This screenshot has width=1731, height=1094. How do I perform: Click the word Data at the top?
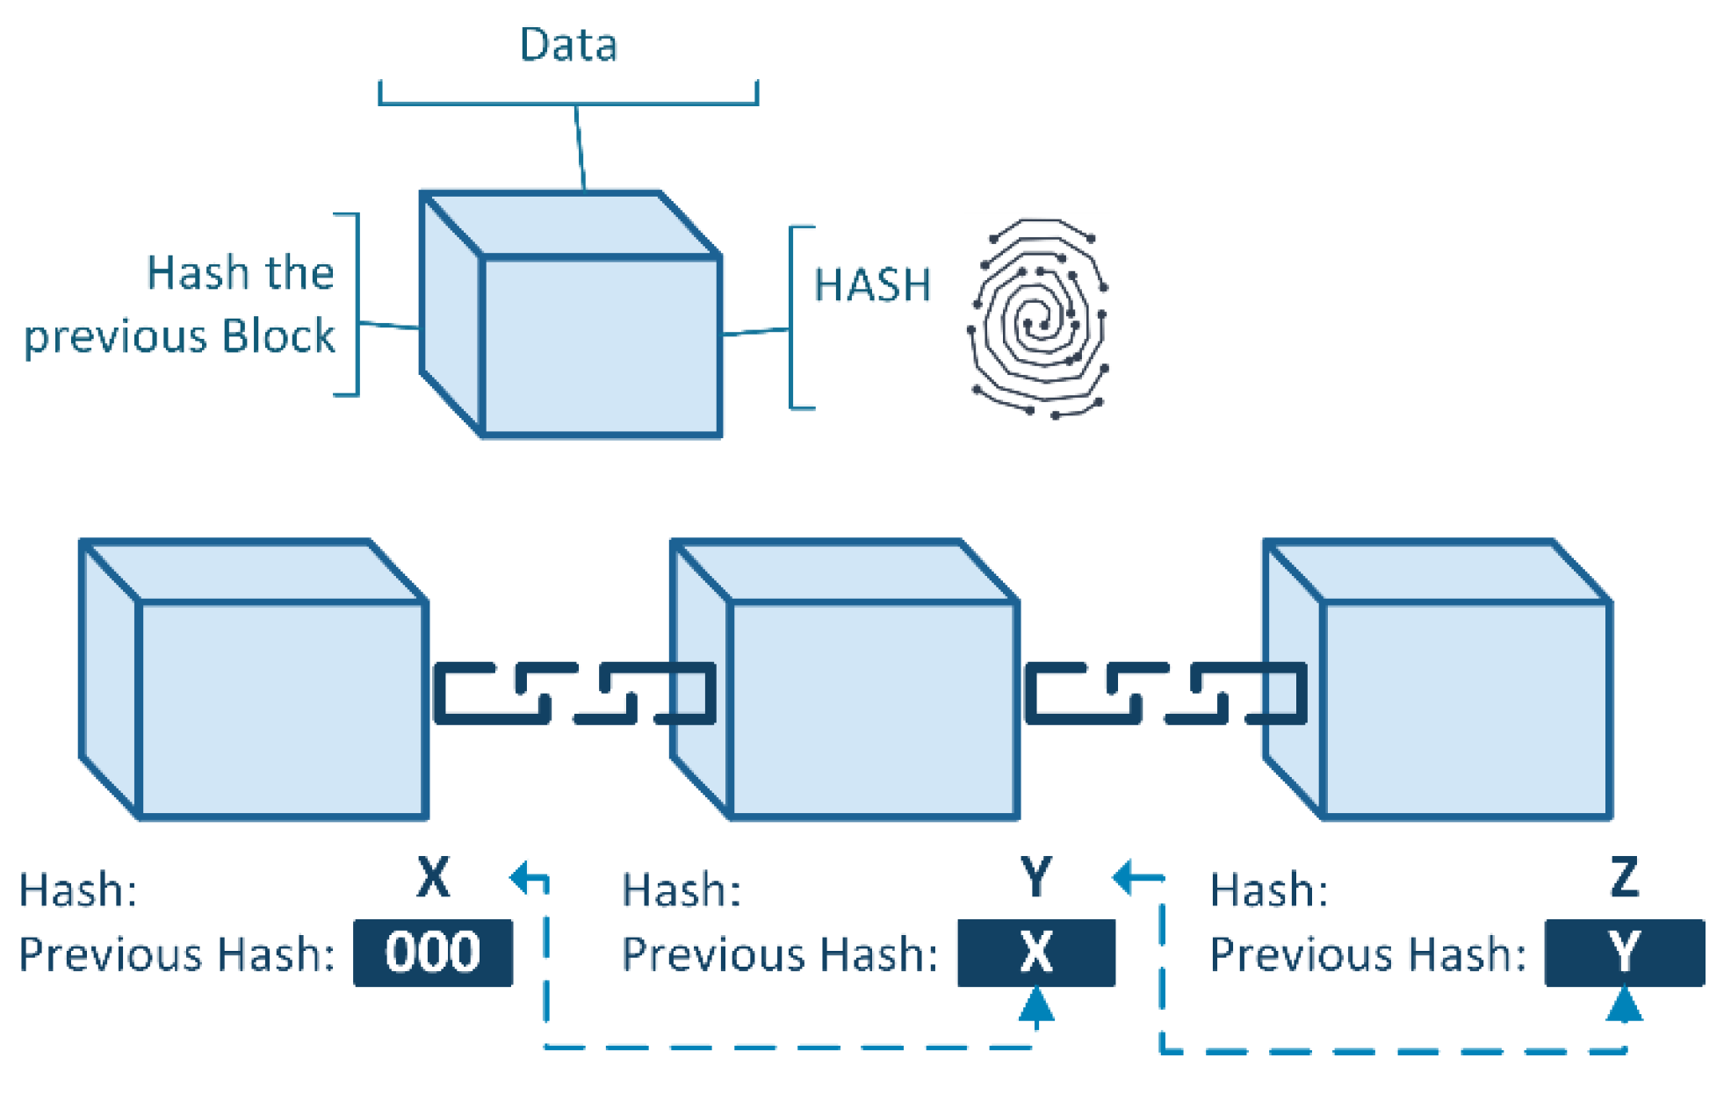(568, 45)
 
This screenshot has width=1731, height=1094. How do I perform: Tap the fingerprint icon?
(1038, 318)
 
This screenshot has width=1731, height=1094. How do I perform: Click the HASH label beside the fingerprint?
(872, 285)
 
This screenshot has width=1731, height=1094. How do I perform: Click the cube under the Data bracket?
(571, 313)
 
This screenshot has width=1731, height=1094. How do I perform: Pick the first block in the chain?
(254, 680)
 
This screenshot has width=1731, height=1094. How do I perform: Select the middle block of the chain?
(845, 680)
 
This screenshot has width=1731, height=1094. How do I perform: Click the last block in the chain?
(1438, 680)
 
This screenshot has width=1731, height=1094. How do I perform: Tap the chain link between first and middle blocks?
(575, 694)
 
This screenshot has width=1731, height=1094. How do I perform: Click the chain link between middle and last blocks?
(1166, 694)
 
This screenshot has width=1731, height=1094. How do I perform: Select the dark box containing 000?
(433, 953)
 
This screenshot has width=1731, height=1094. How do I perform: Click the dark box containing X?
(1036, 953)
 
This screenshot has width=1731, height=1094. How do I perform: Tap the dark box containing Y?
(1625, 953)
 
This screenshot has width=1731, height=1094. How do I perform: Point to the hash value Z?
(1625, 876)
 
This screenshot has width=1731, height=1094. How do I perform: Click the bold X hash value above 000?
(433, 876)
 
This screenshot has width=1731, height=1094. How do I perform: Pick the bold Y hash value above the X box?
(1036, 876)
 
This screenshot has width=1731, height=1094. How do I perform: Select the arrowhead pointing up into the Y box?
(1625, 1004)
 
